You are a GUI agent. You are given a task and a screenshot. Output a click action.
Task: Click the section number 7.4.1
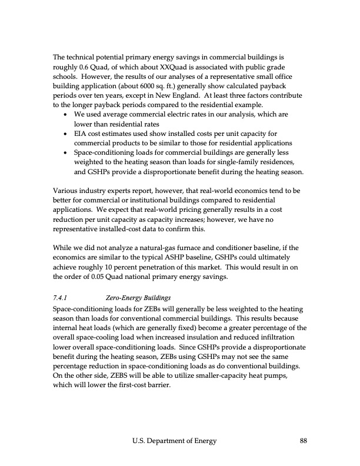click(61, 298)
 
